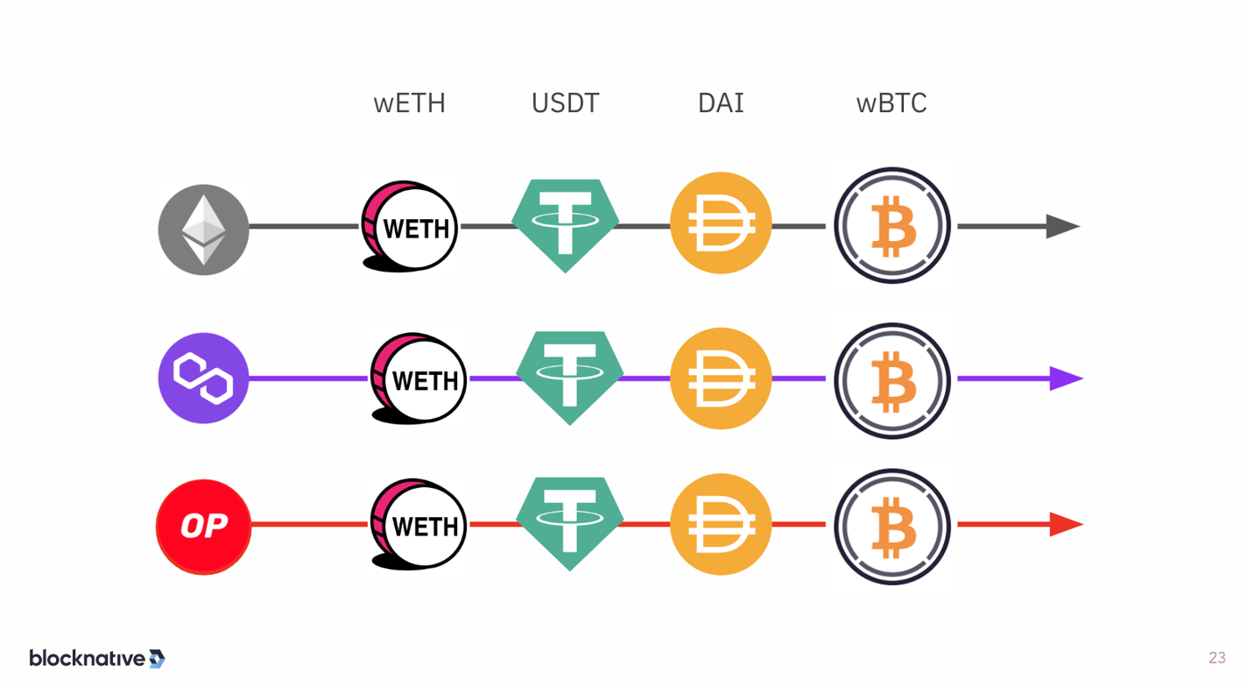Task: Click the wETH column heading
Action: click(409, 103)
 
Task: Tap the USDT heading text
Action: click(565, 103)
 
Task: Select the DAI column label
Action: click(720, 103)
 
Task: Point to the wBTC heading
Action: click(891, 103)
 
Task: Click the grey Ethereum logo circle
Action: click(203, 230)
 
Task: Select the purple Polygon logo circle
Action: click(203, 379)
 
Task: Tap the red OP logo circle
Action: click(203, 527)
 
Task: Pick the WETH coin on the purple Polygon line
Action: click(420, 379)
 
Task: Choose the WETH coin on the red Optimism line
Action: click(420, 525)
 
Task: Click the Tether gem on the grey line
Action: click(565, 223)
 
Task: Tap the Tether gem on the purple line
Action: click(569, 377)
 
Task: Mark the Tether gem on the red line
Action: click(569, 522)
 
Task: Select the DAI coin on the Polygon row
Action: click(720, 379)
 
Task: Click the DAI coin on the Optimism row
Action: click(720, 524)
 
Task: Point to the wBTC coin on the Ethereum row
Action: click(892, 226)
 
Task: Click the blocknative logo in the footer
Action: click(96, 658)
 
